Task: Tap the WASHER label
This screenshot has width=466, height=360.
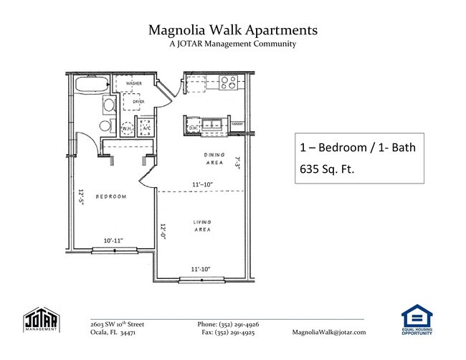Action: coord(133,84)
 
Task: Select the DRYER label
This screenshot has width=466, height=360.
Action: coord(138,103)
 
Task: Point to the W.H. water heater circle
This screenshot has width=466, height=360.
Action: coord(128,130)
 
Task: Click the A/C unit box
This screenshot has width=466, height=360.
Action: coord(146,130)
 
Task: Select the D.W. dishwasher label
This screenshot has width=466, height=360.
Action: coord(194,128)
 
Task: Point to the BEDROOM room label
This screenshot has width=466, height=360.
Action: coord(111,196)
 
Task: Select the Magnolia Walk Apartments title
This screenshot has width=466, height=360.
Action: coord(232,30)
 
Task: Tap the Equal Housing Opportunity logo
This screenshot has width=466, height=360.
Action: coord(417,321)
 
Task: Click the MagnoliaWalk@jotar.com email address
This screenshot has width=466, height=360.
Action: coord(329,333)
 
